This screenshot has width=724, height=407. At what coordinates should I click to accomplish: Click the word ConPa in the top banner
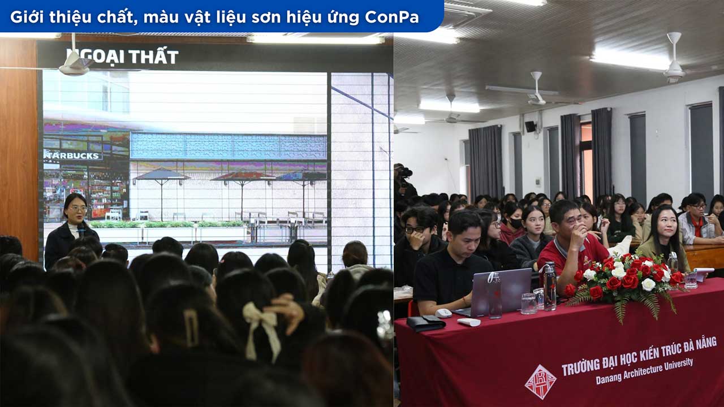click(391, 17)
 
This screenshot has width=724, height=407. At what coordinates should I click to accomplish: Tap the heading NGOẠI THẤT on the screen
click(122, 57)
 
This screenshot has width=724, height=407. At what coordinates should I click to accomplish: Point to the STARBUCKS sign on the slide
click(72, 155)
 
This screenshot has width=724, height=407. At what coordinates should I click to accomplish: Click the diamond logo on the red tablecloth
click(540, 381)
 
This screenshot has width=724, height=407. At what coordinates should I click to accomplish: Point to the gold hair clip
click(191, 327)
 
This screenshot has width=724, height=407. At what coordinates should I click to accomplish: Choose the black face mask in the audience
click(516, 223)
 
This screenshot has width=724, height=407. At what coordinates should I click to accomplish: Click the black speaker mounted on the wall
click(530, 127)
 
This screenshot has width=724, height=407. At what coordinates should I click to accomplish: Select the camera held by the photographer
click(404, 172)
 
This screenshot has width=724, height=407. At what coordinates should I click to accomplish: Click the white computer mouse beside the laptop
click(443, 313)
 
